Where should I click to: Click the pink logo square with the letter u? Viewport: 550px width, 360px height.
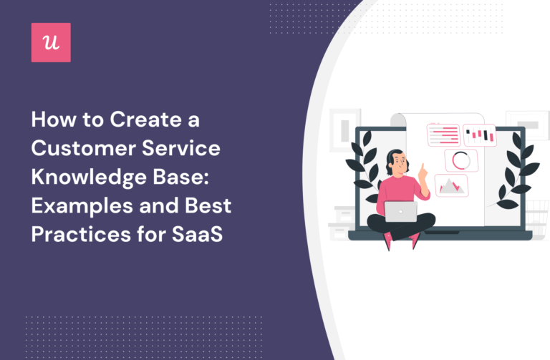51,42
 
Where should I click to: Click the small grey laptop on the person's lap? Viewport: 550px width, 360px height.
400,210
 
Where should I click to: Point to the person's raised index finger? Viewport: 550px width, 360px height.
422,168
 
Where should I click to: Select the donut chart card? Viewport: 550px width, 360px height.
461,160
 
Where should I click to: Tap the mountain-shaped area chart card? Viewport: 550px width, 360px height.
451,185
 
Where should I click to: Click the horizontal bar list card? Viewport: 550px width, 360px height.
443,135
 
